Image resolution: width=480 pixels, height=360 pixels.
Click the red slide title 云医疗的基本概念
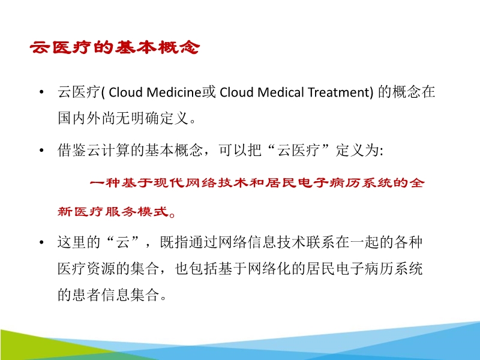[x=114, y=47]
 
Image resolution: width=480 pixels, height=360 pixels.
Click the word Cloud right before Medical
[x=233, y=93]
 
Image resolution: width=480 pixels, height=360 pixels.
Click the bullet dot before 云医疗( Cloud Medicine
[x=41, y=93]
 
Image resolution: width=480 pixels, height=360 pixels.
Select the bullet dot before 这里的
[x=41, y=243]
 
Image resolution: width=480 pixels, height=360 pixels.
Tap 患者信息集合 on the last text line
[x=116, y=295]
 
